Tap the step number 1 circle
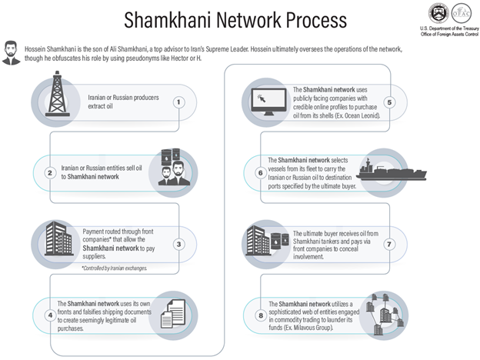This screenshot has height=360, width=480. pos(178,102)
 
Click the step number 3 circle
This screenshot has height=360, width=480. pos(178,245)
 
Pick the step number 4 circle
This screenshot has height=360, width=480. pos(50,315)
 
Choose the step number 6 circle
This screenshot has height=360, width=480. pos(260,173)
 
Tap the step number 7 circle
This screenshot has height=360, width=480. pos(389,245)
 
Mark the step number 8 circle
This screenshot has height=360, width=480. pos(260,315)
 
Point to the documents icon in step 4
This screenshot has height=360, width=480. pos(175,314)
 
